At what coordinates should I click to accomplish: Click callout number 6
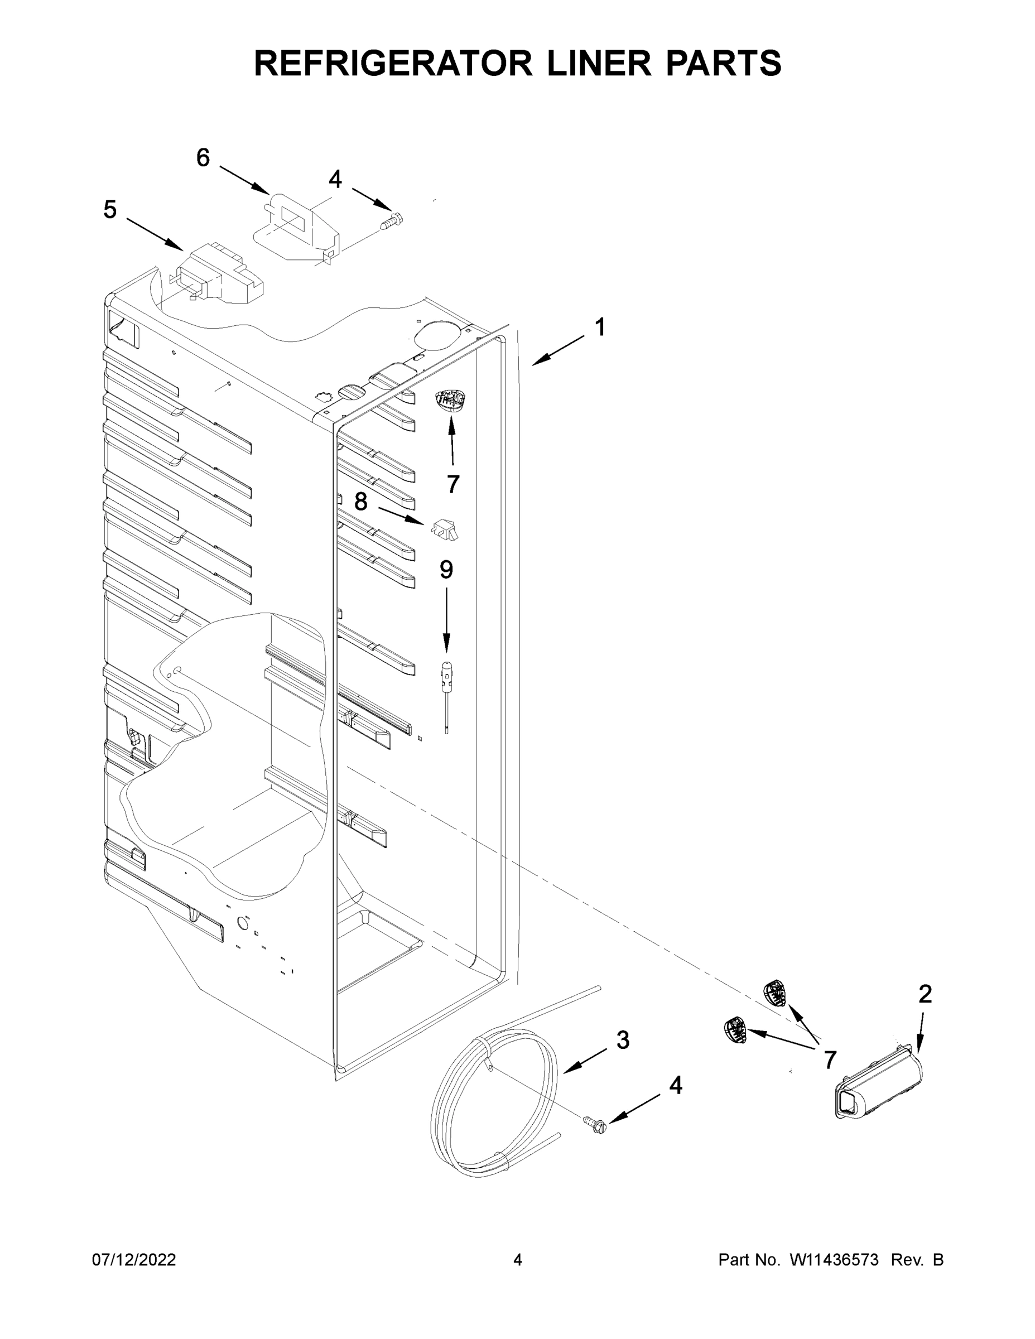point(203,158)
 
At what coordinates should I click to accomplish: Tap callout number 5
point(110,210)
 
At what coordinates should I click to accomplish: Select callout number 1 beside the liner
point(600,327)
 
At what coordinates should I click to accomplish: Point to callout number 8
point(360,502)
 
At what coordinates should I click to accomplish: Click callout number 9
point(446,570)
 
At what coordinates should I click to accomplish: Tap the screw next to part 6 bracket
point(391,220)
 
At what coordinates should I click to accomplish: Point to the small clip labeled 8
point(446,529)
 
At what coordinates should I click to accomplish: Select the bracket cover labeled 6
point(296,227)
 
